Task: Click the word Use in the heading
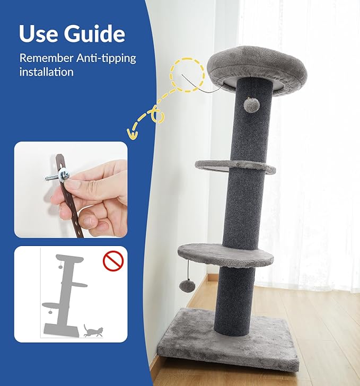(38, 33)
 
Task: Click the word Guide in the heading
(94, 33)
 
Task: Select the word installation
(46, 72)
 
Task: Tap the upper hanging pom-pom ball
(248, 105)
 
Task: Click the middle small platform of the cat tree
(235, 166)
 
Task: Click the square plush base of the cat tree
(228, 338)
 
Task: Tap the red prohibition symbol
(113, 261)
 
